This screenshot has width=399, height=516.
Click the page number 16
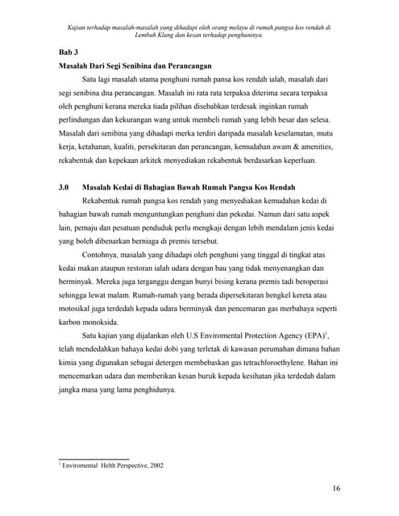point(336,489)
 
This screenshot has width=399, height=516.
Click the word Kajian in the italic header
point(80,27)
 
